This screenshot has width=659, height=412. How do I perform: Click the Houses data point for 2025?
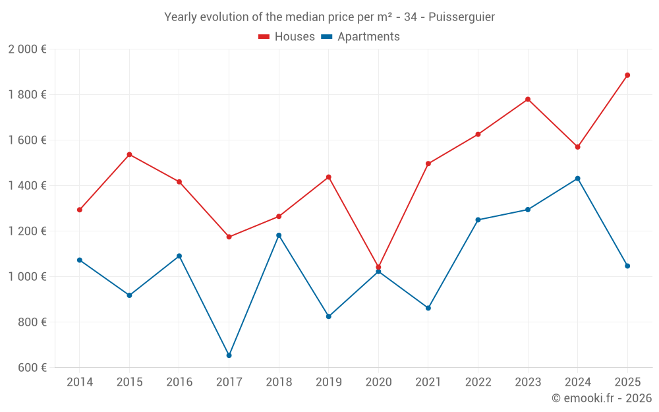(627, 75)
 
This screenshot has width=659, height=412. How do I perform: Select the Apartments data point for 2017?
(229, 355)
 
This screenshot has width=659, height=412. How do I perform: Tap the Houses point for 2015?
(129, 154)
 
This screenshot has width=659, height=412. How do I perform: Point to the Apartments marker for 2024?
(577, 179)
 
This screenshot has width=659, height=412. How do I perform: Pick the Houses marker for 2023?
(528, 100)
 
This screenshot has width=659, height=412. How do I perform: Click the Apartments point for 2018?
(279, 235)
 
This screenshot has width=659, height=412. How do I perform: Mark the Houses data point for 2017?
(229, 237)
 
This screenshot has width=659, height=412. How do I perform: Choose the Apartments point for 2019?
(329, 316)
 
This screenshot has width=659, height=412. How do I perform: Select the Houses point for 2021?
(428, 163)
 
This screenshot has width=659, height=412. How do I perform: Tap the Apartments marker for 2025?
(627, 266)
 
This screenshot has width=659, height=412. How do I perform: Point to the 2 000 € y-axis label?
(27, 49)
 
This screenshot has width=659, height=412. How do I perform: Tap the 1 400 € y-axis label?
(27, 185)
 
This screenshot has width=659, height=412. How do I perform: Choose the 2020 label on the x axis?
(378, 382)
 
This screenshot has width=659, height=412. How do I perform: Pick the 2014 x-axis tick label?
(80, 382)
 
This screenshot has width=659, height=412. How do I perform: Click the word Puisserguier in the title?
(461, 17)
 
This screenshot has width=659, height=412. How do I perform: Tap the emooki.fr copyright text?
(601, 398)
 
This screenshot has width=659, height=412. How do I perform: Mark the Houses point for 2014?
(80, 210)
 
